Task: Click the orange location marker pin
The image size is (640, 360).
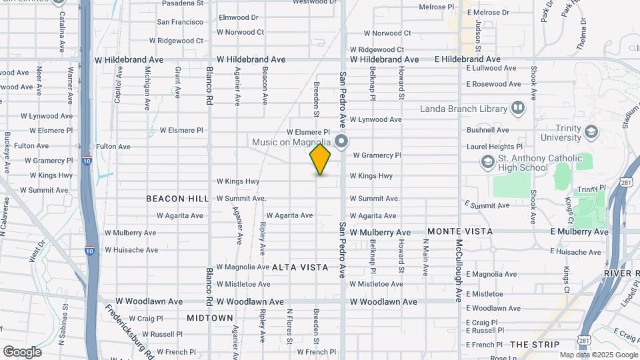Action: pyautogui.click(x=320, y=159)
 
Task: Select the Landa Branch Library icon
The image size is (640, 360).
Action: pyautogui.click(x=518, y=108)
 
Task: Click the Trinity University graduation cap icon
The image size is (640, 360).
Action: pyautogui.click(x=590, y=131)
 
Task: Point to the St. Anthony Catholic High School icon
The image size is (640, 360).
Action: pyautogui.click(x=487, y=162)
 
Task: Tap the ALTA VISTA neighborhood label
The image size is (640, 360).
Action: pyautogui.click(x=300, y=267)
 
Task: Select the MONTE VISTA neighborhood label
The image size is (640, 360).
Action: pyautogui.click(x=460, y=231)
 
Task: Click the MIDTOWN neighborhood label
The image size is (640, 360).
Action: pyautogui.click(x=210, y=318)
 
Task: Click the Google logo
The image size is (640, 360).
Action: pyautogui.click(x=22, y=351)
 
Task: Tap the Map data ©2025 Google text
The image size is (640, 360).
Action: pyautogui.click(x=598, y=355)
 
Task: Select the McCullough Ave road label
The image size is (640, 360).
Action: pyautogui.click(x=459, y=270)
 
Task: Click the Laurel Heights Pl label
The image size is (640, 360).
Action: pyautogui.click(x=495, y=146)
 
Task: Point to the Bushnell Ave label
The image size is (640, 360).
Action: pyautogui.click(x=488, y=130)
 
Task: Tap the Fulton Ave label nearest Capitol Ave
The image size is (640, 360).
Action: pyautogui.click(x=113, y=146)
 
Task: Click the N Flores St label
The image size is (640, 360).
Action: pyautogui.click(x=289, y=331)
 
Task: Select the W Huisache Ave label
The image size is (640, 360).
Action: pyautogui.click(x=131, y=250)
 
